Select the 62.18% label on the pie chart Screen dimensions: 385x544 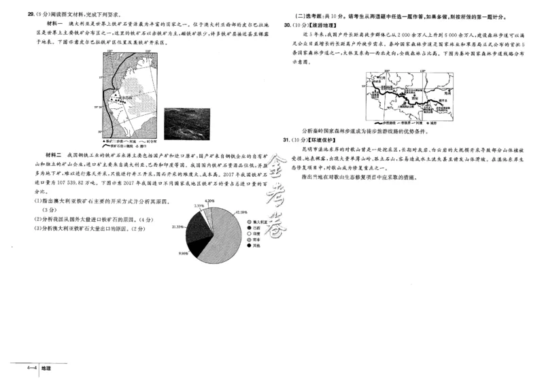pyautogui.click(x=239, y=212)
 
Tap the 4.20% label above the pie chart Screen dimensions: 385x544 pyautogui.click(x=209, y=201)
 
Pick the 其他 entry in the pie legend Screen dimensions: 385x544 pyautogui.click(x=254, y=246)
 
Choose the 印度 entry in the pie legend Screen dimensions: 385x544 pyautogui.click(x=256, y=233)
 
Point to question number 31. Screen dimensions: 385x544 pyautogui.click(x=287, y=139)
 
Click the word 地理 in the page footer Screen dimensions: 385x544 pyautogui.click(x=46, y=368)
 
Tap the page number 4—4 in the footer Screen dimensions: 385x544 pyautogui.click(x=31, y=368)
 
